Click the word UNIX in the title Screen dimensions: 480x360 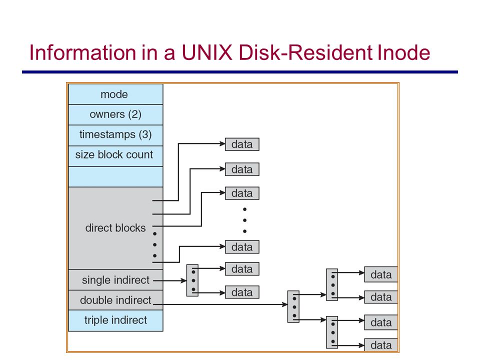pos(207,52)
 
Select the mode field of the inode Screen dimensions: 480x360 pos(115,94)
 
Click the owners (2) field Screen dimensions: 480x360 pos(115,114)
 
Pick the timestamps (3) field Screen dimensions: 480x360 pos(115,135)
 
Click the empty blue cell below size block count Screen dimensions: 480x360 pos(115,176)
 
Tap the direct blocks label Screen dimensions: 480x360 pos(115,228)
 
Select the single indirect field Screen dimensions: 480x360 pos(115,280)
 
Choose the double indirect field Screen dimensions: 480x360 pos(115,300)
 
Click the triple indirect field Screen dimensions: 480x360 pos(115,320)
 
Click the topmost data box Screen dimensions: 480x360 pos(242,144)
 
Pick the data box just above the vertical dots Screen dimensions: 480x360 pos(242,193)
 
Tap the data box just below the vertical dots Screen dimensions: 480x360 pos(242,246)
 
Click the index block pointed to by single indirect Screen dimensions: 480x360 pos(192,280)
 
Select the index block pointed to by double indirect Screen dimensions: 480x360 pos(293,306)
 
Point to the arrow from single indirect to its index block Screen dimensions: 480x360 pos(170,280)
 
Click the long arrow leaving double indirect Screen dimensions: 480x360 pos(220,304)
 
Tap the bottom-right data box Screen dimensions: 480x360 pos(381,345)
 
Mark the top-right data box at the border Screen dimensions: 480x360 pos(381,274)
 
